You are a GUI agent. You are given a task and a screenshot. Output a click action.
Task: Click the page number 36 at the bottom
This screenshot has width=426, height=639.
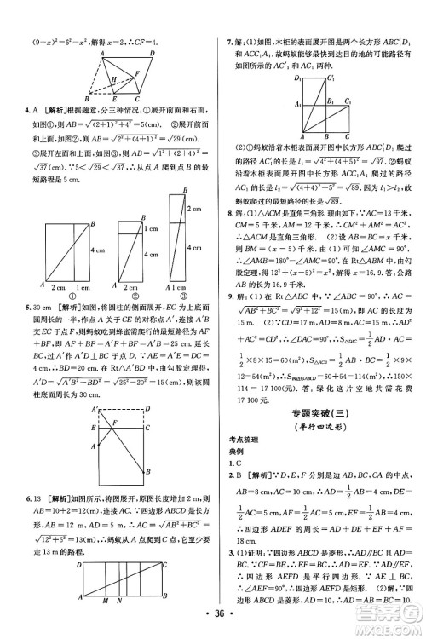(x=212, y=623)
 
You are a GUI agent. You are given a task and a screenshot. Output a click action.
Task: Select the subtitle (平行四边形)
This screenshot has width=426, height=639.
(x=316, y=425)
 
